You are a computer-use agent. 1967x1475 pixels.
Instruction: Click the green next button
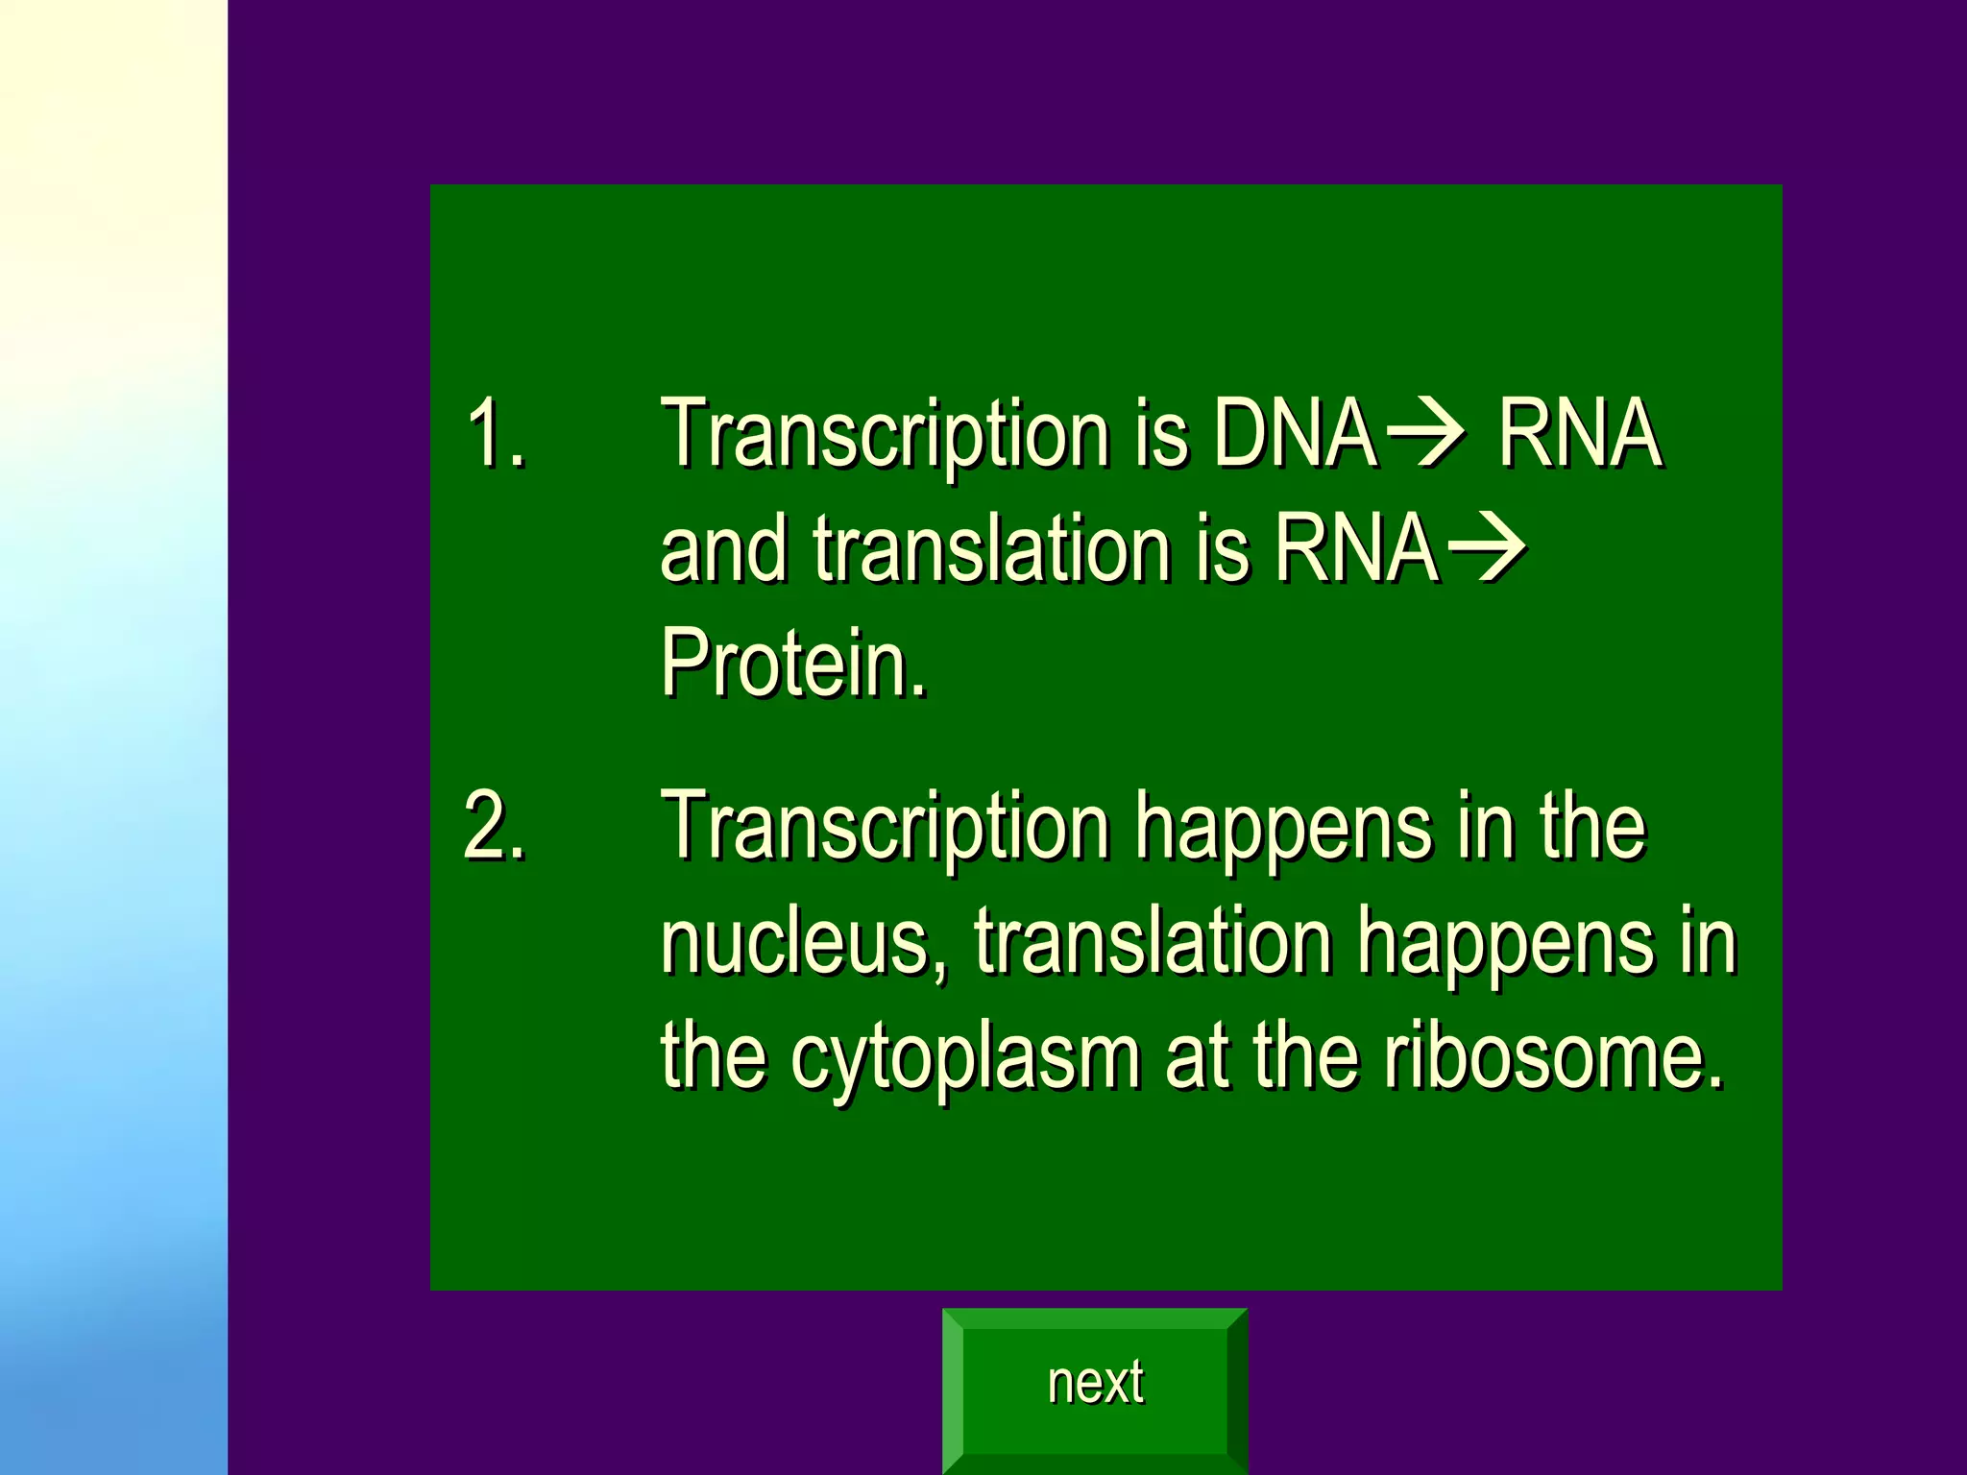(x=1095, y=1384)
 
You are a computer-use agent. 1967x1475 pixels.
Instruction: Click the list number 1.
(x=495, y=434)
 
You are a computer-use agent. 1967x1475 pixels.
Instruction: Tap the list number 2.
(x=495, y=826)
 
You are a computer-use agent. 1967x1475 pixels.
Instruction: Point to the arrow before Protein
(x=1486, y=549)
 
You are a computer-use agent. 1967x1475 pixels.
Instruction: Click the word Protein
(x=793, y=663)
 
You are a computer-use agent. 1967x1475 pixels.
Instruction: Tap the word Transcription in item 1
(x=885, y=434)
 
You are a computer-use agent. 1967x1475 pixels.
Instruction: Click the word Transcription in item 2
(x=885, y=826)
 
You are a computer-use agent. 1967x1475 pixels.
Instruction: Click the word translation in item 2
(x=1153, y=943)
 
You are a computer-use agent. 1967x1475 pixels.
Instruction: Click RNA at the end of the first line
(x=1580, y=434)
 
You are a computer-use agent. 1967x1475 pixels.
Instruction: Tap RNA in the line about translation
(x=1356, y=549)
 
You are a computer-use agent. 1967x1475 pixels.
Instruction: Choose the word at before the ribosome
(x=1196, y=1056)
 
